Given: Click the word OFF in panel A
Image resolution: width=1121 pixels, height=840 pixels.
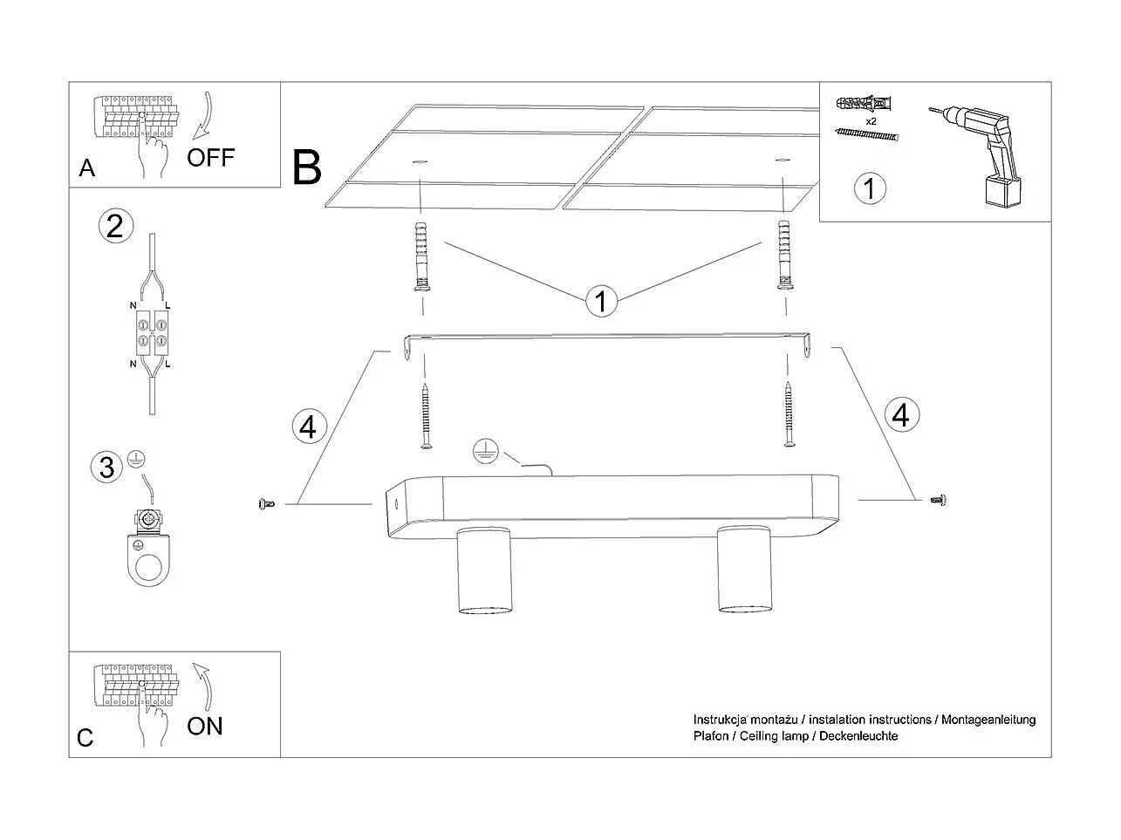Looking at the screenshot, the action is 210,157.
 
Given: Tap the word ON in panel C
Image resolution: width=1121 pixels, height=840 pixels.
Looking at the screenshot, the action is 205,726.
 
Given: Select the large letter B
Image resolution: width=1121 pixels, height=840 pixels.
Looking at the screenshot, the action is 306,167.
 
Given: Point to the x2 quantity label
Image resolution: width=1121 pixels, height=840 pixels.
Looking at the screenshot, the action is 871,121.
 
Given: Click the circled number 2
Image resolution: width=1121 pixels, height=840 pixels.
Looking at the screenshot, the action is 116,226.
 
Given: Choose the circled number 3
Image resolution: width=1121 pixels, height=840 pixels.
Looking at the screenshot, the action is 106,468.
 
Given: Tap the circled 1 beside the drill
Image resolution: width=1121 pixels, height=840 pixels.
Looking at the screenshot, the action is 870,188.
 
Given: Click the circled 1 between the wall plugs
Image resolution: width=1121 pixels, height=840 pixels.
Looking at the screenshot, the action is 601,301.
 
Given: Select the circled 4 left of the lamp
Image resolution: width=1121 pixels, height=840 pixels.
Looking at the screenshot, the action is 310,427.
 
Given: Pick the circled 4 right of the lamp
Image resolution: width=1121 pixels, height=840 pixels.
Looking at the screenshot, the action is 901,414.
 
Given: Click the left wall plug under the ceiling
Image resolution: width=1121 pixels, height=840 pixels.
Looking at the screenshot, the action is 421,256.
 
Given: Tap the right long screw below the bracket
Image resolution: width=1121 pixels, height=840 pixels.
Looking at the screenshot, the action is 789,414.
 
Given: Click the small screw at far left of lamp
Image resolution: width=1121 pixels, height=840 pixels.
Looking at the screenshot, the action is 267,504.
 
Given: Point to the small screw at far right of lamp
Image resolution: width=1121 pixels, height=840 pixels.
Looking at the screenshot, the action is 938,501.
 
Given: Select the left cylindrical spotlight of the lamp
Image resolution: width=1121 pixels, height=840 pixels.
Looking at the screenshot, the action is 483,570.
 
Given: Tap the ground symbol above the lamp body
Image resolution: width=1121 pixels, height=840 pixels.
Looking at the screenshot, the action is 485,451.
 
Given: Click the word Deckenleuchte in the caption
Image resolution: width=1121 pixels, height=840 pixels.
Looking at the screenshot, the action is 858,736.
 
